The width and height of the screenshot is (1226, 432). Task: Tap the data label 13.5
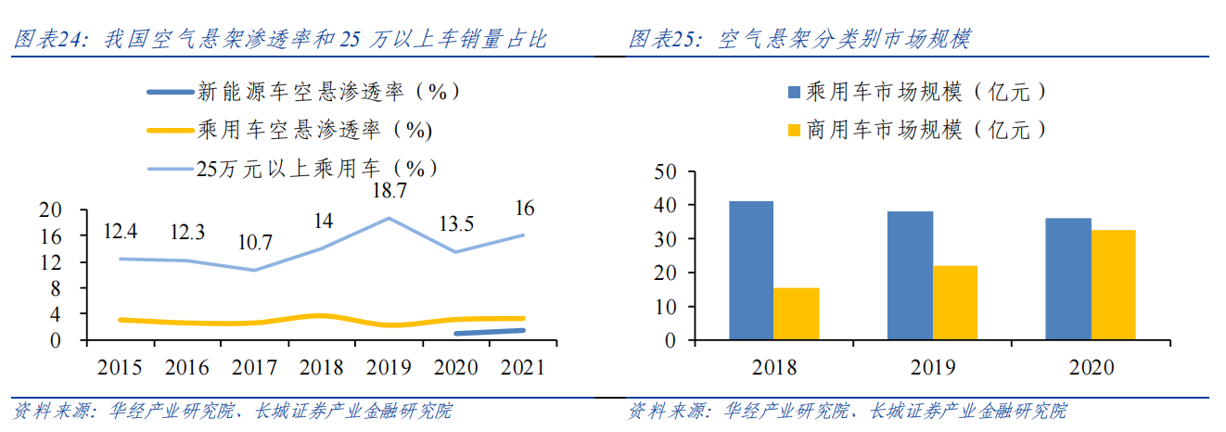coord(453,223)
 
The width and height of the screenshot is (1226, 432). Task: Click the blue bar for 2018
coord(751,271)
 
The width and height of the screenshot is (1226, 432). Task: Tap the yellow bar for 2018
coord(797,314)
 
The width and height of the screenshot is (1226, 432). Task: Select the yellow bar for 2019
coord(955,303)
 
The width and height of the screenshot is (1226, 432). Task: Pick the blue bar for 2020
coord(1068,279)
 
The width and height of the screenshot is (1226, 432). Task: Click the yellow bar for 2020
coord(1113,285)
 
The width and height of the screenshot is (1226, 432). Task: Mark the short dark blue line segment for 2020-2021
coord(489,332)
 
